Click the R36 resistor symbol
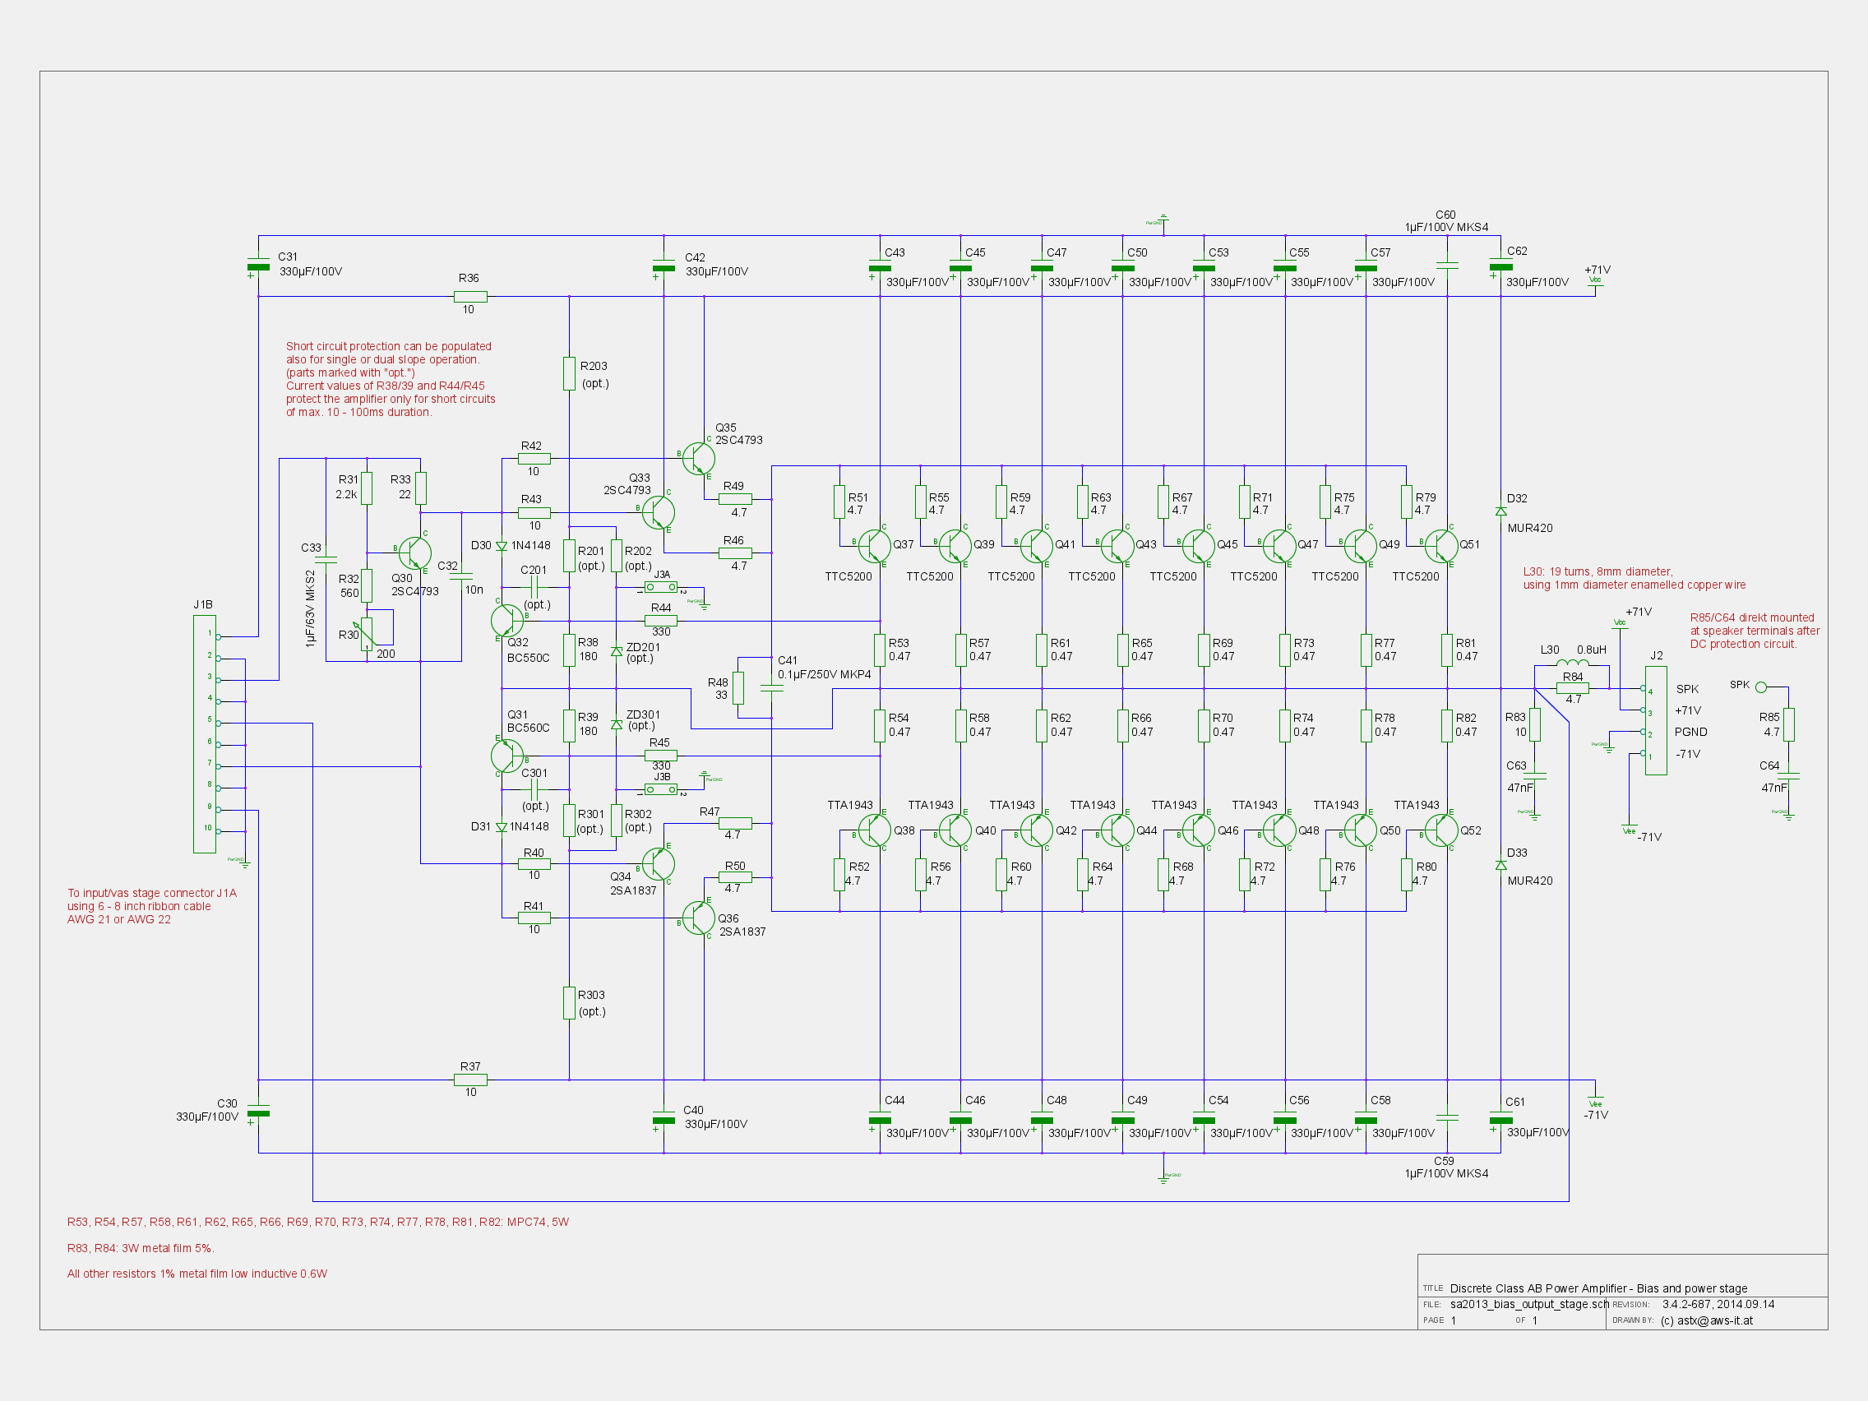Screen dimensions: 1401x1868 pos(469,297)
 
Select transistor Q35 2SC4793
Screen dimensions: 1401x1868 pos(698,459)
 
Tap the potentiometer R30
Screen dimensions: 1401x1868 pos(367,633)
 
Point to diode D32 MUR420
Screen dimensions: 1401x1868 pos(1500,511)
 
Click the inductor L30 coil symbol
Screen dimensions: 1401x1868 pos(1571,663)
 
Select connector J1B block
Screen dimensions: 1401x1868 pos(205,733)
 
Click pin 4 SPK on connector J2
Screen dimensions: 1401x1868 pos(1644,689)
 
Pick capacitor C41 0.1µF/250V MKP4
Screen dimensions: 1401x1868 pos(771,688)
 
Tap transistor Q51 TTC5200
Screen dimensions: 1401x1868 pos(1440,546)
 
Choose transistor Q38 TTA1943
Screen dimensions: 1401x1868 pos(874,830)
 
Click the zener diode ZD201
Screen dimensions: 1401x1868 pos(617,652)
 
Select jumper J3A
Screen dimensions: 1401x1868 pos(660,587)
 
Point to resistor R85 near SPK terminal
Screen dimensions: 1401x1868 pos(1788,724)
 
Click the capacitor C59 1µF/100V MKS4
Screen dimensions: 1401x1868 pos(1447,1117)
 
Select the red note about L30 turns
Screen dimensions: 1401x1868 pos(1633,579)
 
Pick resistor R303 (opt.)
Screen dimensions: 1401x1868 pos(569,1002)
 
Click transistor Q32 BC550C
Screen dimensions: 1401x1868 pos(506,621)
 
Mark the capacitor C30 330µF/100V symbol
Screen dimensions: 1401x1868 pos(258,1113)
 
